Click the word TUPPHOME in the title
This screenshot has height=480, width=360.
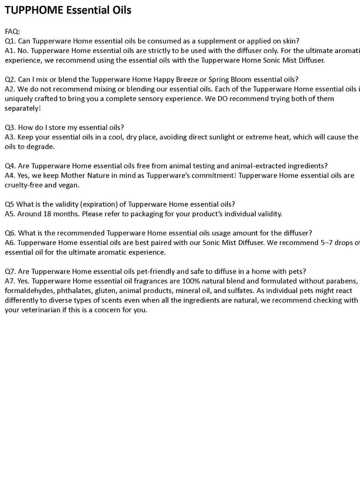coord(34,10)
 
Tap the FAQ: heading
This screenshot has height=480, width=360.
coord(12,31)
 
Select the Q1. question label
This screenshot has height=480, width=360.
coord(10,41)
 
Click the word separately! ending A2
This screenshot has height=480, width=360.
coord(23,108)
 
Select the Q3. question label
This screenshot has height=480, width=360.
coord(10,127)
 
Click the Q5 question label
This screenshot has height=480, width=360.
coord(9,204)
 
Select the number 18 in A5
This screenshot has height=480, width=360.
coord(47,214)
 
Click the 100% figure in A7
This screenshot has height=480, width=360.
coord(191,281)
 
